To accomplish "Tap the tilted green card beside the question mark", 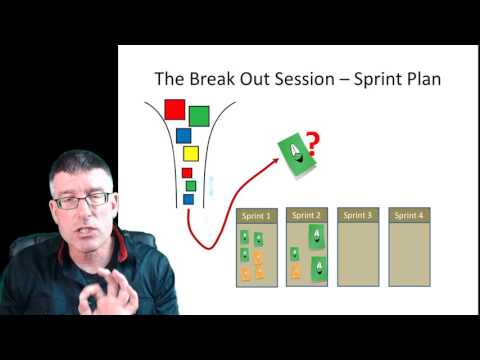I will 294,155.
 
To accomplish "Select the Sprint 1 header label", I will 255,215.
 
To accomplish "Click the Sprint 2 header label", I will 306,215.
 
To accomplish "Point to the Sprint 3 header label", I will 356,215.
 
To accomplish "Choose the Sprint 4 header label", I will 408,215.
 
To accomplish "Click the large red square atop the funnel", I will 174,109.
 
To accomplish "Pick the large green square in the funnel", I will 199,116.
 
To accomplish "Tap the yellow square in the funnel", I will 190,153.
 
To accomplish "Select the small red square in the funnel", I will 187,172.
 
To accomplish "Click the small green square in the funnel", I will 190,185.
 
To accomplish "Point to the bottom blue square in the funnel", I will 188,198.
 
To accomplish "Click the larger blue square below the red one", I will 183,135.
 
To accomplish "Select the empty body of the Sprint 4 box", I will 408,255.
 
